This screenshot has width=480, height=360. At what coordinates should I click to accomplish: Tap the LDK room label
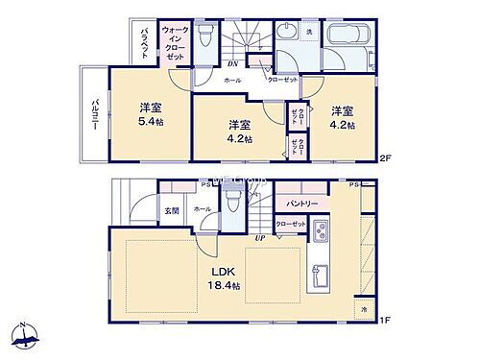pyautogui.click(x=223, y=269)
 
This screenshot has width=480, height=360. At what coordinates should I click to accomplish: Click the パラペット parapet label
pyautogui.click(x=143, y=42)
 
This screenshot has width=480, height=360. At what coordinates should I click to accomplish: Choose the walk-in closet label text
pyautogui.click(x=176, y=44)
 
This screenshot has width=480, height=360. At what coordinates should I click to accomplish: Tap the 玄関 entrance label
pyautogui.click(x=171, y=211)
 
